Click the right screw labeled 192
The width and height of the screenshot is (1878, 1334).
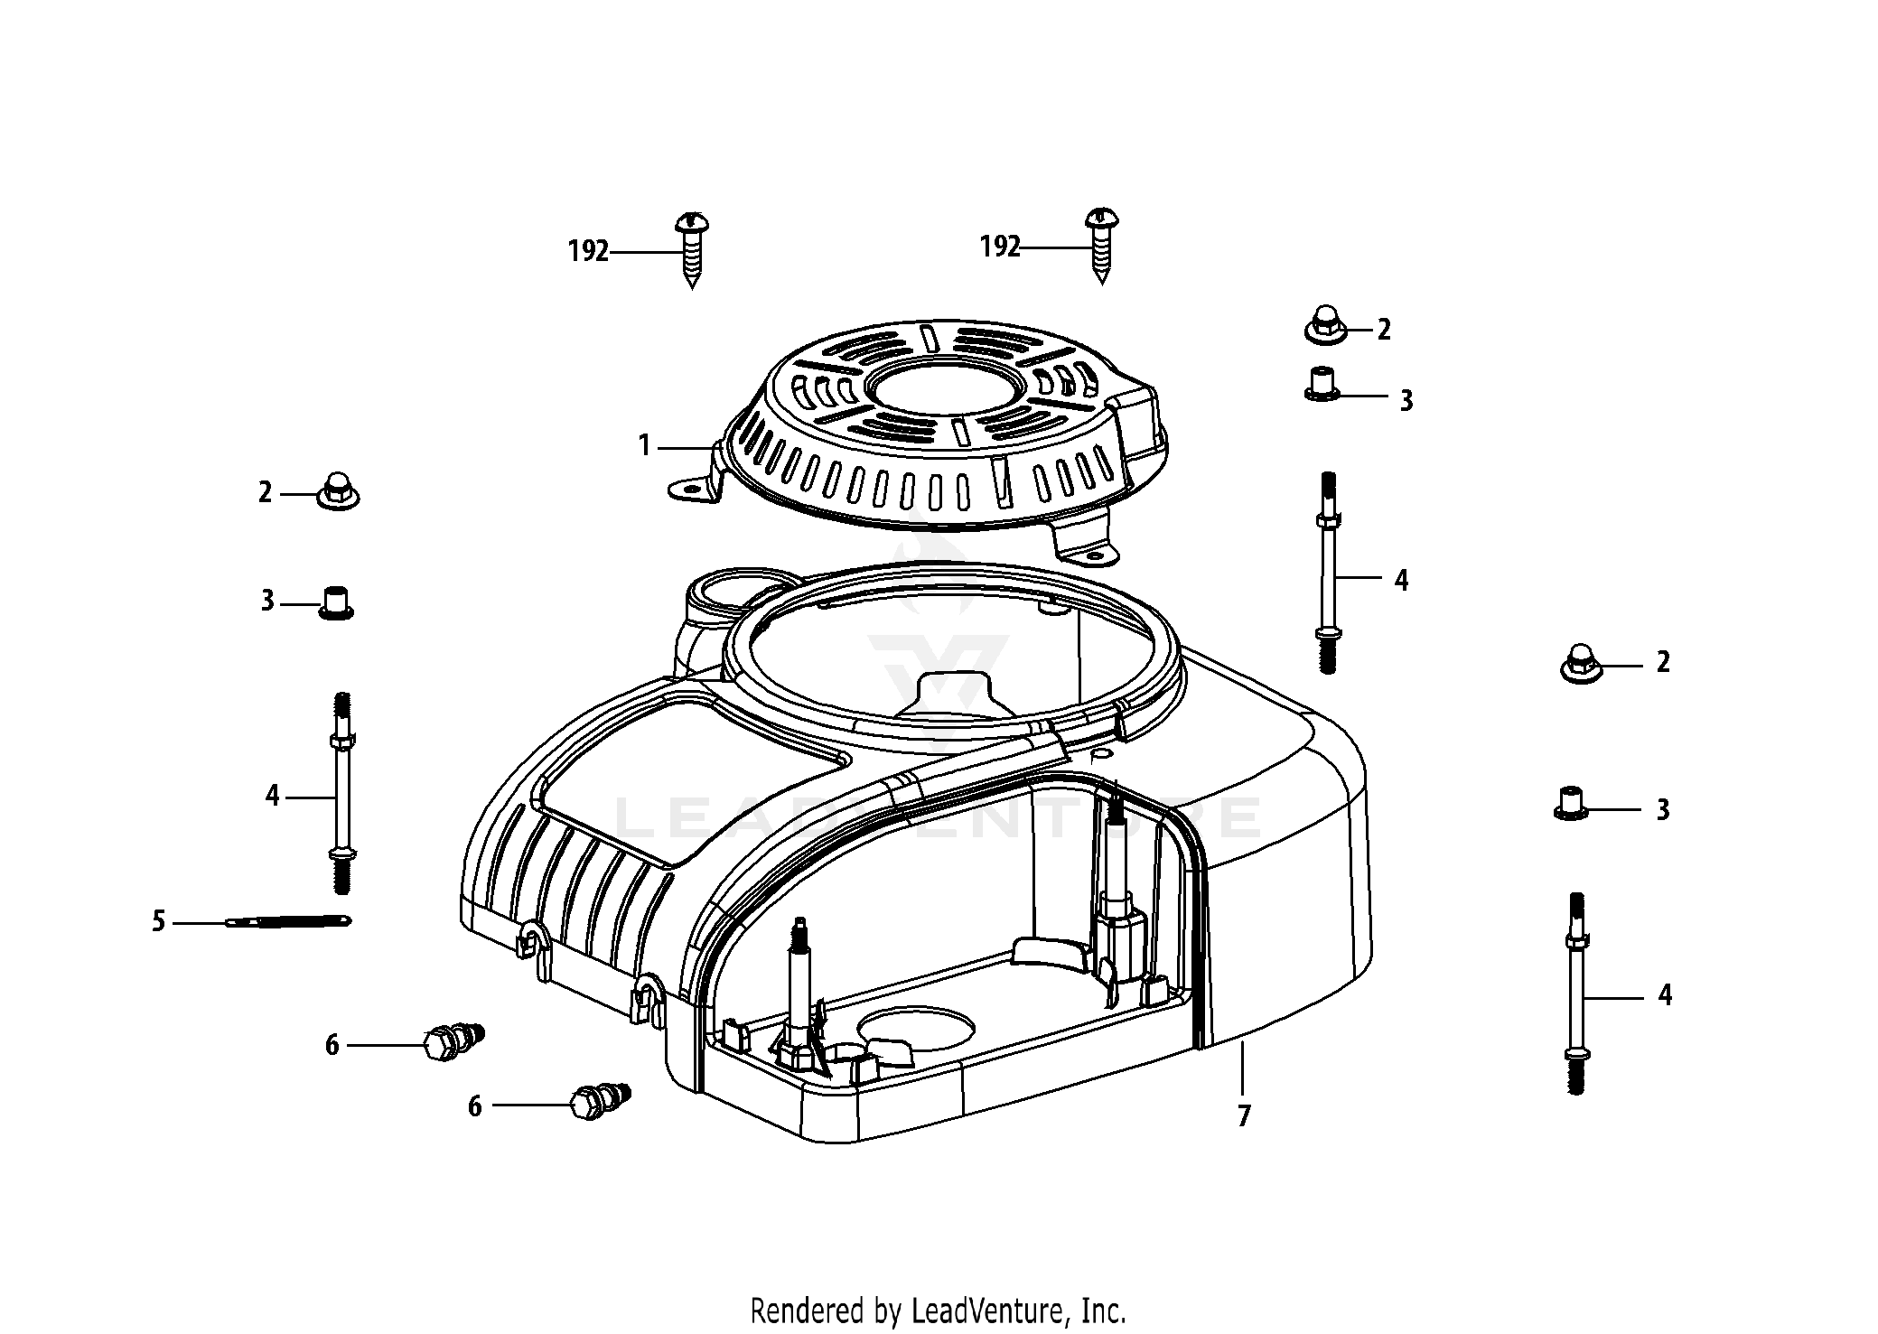click(x=1101, y=245)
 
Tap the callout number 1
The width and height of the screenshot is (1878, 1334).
click(x=644, y=445)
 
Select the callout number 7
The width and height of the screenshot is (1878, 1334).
click(x=1244, y=1116)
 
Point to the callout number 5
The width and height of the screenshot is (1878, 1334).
click(x=159, y=922)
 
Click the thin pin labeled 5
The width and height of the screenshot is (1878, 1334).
click(x=288, y=921)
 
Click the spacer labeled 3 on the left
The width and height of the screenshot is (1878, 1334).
click(x=337, y=602)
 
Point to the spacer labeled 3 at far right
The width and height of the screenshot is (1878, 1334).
click(x=1572, y=803)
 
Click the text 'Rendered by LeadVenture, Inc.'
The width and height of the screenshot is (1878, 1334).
click(x=939, y=1310)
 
